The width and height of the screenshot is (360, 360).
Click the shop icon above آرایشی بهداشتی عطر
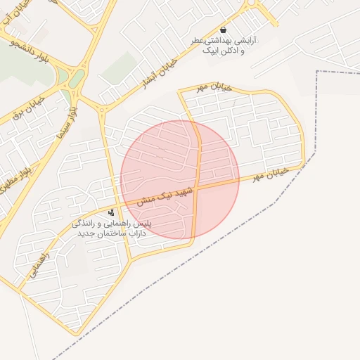(x=224, y=30)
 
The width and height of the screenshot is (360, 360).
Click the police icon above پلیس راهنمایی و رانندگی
(x=111, y=212)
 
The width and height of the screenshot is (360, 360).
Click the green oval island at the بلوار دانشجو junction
(x=77, y=77)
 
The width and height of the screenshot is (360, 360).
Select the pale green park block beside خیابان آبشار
(x=120, y=67)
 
